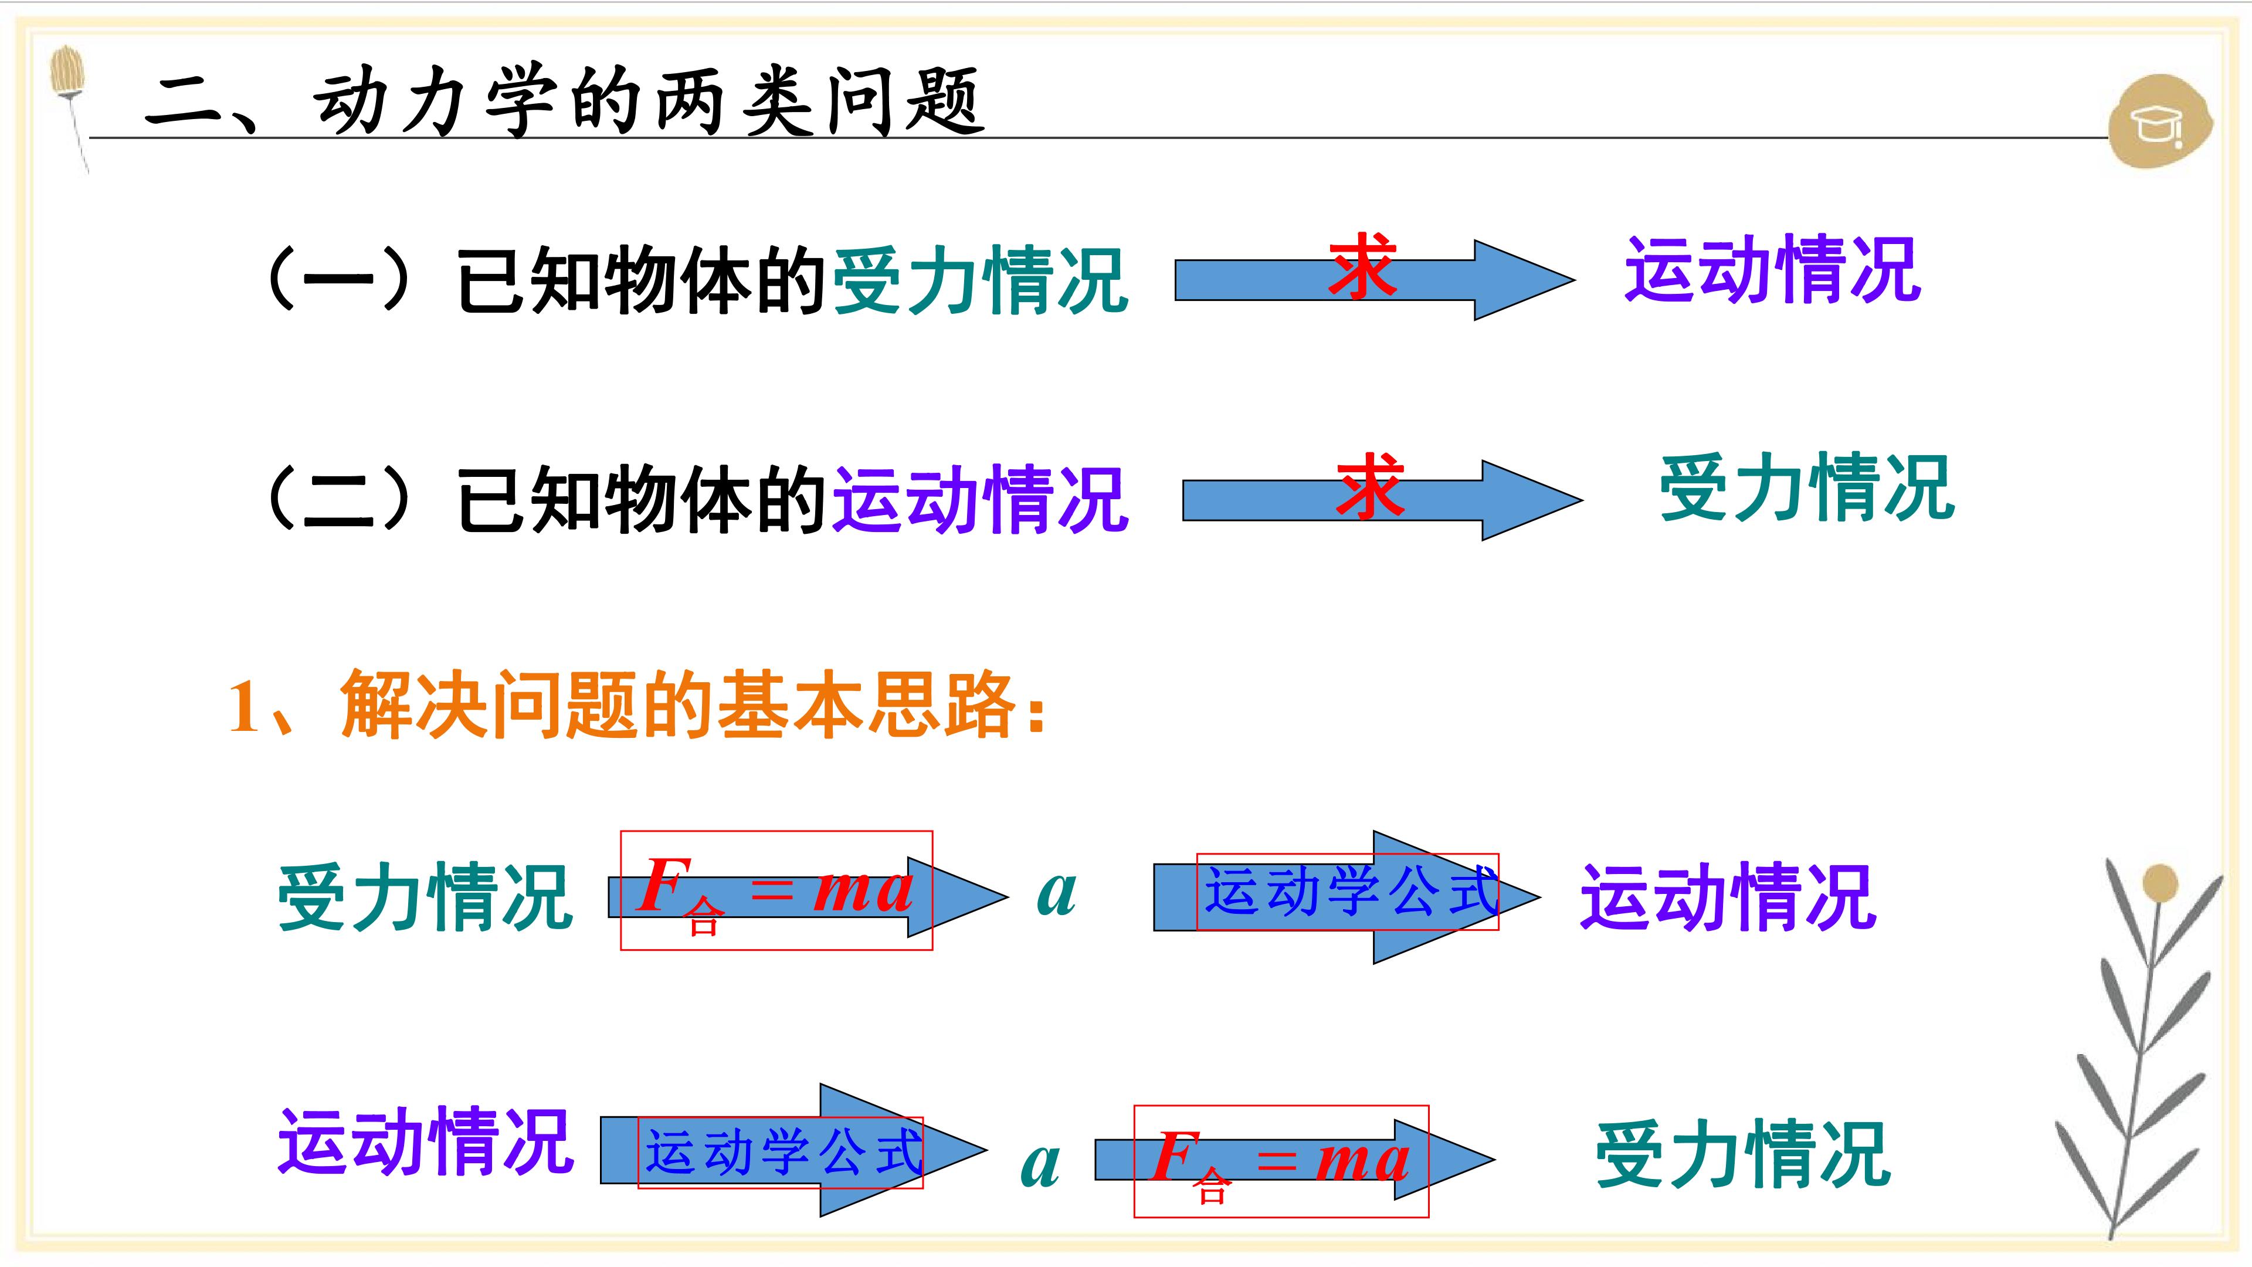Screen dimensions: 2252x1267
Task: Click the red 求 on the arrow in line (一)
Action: click(1361, 267)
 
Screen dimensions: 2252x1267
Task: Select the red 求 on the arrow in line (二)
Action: click(1369, 487)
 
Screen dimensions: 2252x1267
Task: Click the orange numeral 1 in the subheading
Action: click(244, 706)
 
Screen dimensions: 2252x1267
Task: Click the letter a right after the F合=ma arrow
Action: click(1056, 893)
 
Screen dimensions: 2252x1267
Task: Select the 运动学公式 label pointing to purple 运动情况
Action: click(1352, 892)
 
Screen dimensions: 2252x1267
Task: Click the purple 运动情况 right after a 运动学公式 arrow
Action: click(1728, 896)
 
